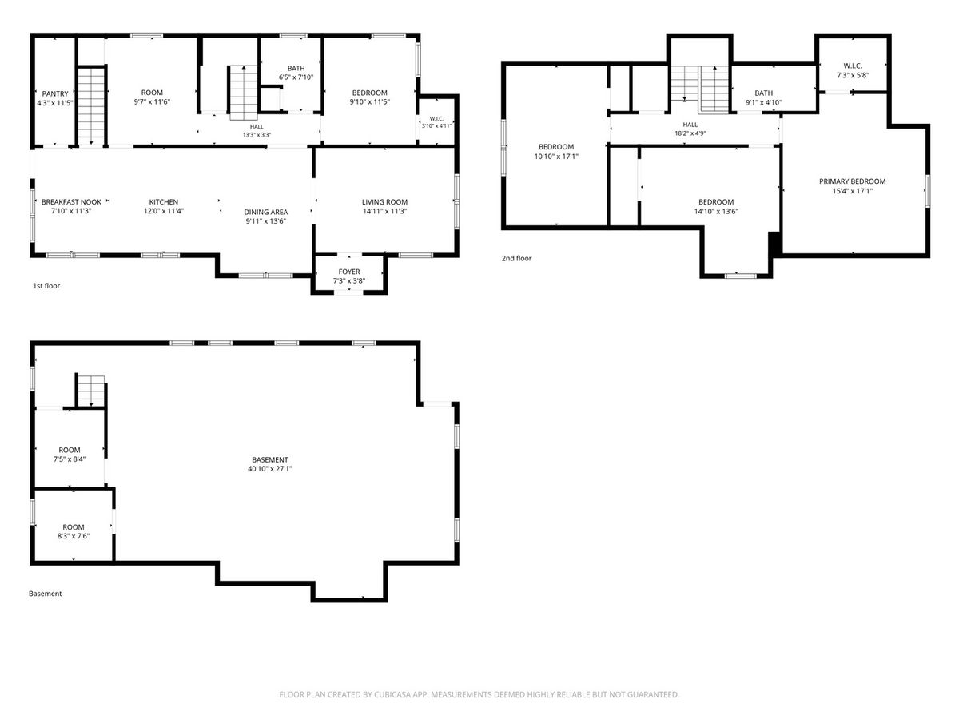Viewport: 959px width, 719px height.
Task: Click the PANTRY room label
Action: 55,93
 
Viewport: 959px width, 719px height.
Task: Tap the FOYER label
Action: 349,272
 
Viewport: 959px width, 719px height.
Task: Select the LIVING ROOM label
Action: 384,201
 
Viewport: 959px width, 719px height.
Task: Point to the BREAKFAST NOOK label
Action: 71,201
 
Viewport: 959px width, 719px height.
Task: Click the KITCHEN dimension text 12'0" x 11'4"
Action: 164,211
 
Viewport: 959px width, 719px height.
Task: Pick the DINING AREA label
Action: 265,212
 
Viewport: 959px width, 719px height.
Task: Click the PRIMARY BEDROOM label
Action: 853,181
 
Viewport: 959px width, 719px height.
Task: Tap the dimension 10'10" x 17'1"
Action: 556,157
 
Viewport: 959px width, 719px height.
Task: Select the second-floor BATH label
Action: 764,93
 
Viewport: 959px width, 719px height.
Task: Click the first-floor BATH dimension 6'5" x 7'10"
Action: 296,77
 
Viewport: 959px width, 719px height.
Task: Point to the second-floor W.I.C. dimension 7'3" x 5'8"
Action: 853,75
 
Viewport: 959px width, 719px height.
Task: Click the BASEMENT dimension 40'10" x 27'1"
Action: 270,469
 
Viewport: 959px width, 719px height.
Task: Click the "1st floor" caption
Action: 46,286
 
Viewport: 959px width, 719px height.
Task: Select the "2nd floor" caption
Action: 516,258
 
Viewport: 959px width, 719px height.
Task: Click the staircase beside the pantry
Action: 91,105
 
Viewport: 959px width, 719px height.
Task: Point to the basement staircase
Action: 91,391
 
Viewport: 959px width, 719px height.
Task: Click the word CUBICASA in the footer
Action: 392,694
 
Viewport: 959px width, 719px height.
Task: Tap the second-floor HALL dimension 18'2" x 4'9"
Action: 690,133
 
